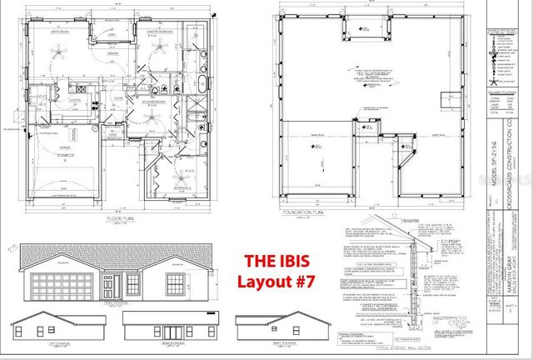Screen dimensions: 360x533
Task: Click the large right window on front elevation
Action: (x=177, y=282)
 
